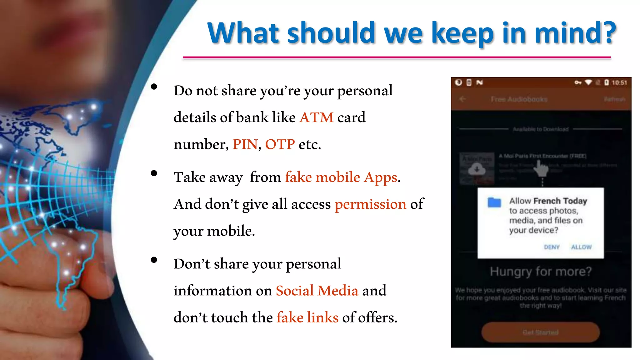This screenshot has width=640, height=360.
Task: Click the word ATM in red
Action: [x=316, y=118]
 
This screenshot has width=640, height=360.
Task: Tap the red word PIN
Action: [x=245, y=145]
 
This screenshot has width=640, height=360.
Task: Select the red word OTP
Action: [x=280, y=145]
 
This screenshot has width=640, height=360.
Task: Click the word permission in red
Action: [x=370, y=205]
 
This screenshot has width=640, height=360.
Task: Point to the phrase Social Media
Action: [x=317, y=291]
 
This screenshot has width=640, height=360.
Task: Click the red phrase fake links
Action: [x=307, y=318]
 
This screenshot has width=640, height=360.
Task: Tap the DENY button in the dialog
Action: [x=552, y=247]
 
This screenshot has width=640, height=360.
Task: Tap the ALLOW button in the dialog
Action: [x=581, y=247]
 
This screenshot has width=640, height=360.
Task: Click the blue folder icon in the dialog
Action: [x=494, y=202]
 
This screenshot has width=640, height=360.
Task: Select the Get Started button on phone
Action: [x=541, y=332]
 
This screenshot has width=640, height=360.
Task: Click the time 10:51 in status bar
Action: [x=619, y=83]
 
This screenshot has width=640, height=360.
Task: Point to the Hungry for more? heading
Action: [x=541, y=272]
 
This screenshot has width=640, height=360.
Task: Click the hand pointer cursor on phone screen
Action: [x=541, y=169]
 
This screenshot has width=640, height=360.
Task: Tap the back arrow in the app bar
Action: [x=463, y=99]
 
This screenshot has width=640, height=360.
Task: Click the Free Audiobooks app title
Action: [x=519, y=99]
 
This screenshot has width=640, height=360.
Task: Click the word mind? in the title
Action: [x=575, y=33]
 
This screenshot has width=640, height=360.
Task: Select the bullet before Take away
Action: [x=154, y=173]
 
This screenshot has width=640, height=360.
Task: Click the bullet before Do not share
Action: [x=154, y=87]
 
